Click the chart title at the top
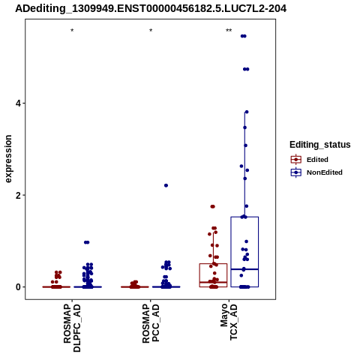(151, 8)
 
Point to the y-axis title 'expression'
(8, 159)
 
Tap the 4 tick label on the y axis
(19, 103)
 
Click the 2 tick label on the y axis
(19, 195)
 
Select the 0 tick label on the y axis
(19, 287)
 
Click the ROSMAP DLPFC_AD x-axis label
(72, 328)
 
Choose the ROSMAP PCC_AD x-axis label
(151, 323)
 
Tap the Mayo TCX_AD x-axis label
(229, 322)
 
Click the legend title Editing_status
(320, 145)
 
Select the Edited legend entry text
(317, 160)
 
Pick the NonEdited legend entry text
(325, 172)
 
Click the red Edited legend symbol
(296, 160)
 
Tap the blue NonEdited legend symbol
(296, 172)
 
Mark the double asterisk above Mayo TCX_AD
(229, 31)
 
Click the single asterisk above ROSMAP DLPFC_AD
(72, 31)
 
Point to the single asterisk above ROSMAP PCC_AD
(151, 31)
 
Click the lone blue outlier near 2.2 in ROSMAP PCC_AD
(166, 185)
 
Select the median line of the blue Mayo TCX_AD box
(244, 269)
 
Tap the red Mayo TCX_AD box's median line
(213, 282)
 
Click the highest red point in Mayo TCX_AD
(213, 206)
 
